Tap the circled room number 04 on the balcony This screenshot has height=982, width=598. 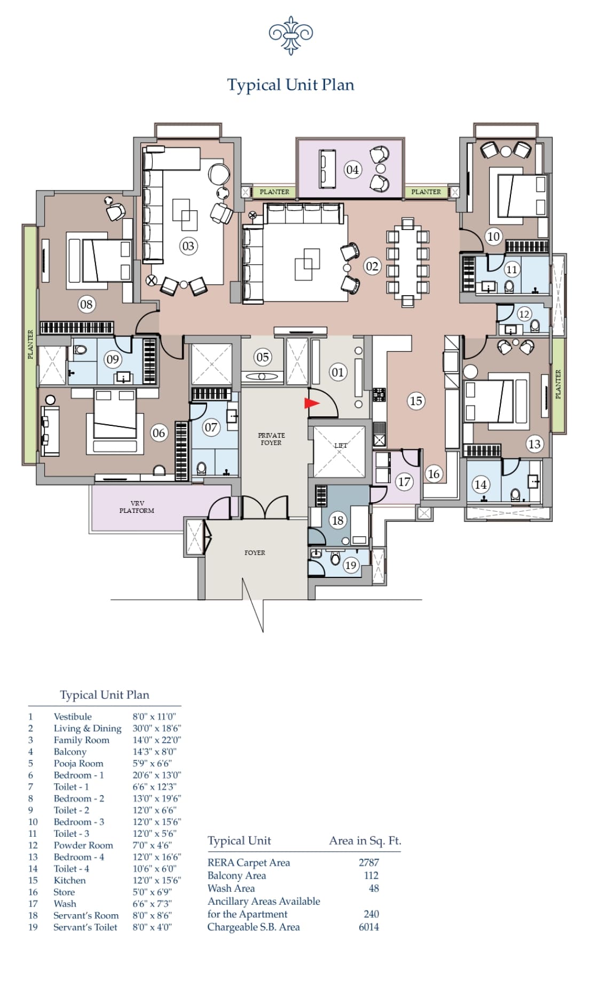352,170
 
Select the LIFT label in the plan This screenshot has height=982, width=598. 341,445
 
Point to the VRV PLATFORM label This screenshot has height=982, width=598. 137,507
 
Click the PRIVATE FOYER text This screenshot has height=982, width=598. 271,439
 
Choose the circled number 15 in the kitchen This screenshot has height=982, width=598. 416,401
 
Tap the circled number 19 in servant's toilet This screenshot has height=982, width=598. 350,565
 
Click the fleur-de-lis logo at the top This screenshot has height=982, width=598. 290,35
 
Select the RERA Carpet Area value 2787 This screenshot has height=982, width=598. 369,862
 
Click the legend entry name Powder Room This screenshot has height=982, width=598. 83,845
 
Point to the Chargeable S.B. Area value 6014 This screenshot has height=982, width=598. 369,927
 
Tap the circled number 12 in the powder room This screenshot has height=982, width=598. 524,314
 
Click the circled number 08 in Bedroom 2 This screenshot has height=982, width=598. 86,305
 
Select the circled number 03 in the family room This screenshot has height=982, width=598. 188,246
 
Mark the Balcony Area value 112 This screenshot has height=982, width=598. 371,875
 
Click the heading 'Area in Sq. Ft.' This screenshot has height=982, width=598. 365,841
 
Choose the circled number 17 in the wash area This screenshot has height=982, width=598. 404,482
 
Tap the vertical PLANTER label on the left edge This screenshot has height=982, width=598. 30,344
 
